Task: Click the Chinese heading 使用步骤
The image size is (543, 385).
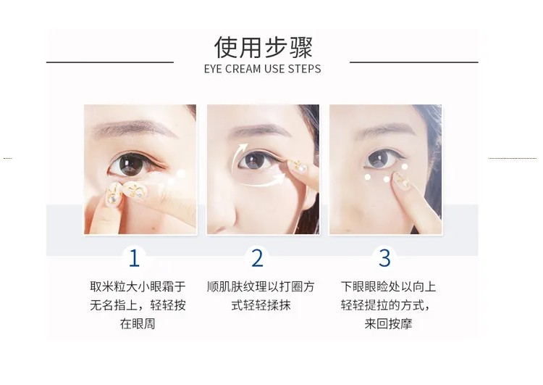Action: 264,47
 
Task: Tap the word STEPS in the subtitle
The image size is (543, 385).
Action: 303,69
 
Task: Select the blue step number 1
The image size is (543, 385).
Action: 134,258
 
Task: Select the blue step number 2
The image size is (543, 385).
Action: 257,258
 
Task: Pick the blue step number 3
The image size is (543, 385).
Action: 384,258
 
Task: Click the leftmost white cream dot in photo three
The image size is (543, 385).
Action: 367,177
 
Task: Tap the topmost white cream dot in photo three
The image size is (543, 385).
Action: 405,167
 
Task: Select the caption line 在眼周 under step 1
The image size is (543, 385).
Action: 138,323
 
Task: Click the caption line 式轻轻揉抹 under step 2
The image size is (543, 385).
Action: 261,305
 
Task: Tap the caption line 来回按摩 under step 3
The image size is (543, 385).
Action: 388,323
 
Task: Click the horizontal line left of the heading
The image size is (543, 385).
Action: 110,62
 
